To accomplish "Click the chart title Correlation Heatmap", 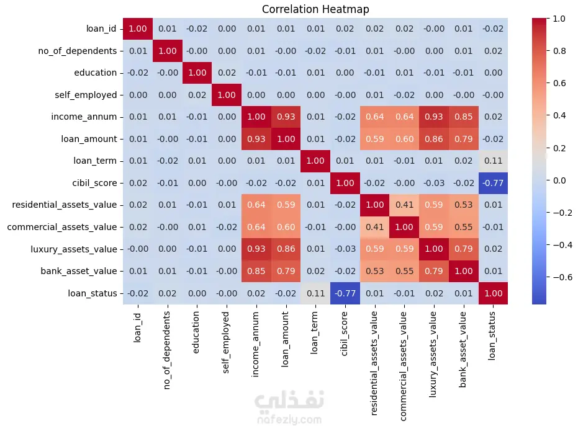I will coord(315,9).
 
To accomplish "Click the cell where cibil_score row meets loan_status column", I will coord(493,183).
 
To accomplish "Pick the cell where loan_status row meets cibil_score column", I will coord(345,293).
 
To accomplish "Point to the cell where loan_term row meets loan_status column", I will coord(493,161).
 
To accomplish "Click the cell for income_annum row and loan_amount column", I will coord(286,117).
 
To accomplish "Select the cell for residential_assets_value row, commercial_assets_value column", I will coord(404,205).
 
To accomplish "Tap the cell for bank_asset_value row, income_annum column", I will coord(256,271).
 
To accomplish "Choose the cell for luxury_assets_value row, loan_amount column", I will coord(286,249).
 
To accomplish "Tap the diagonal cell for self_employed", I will coord(227,95).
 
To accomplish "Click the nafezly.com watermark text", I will coord(289,420).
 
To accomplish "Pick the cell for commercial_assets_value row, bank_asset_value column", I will coord(463,227).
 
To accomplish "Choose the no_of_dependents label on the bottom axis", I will coord(167,350).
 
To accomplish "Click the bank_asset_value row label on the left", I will coord(78,271).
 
